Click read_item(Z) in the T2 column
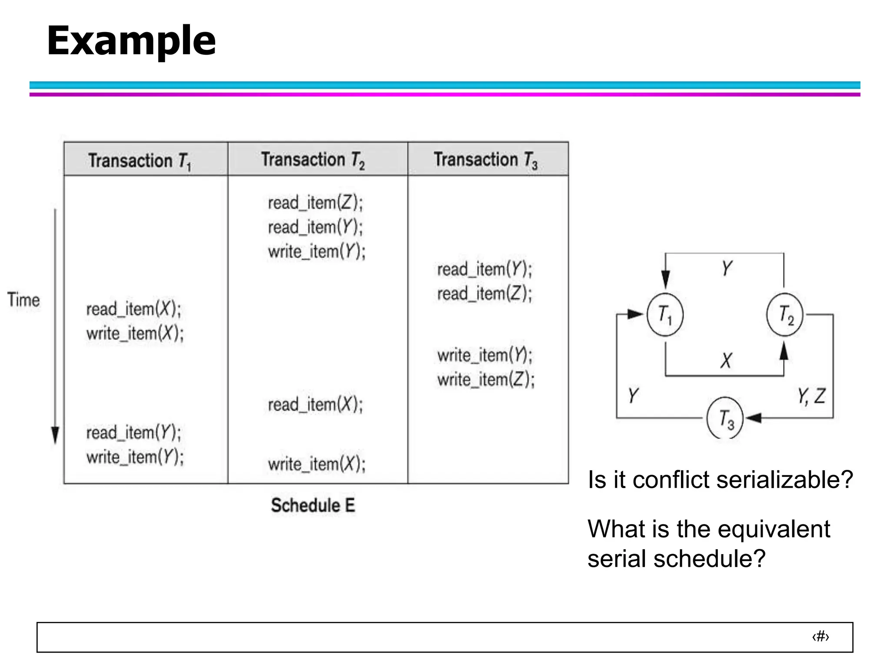tap(315, 203)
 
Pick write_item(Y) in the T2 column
tap(316, 251)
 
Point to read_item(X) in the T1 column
tap(133, 309)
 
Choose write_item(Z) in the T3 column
tap(485, 380)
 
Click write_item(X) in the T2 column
tap(316, 464)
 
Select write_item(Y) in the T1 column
tap(135, 457)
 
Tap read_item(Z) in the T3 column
tap(484, 294)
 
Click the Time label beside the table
tap(23, 300)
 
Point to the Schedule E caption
tap(313, 505)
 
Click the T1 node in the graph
tap(665, 314)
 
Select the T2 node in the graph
tap(785, 314)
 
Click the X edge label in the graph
tap(726, 360)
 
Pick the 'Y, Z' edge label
tap(811, 396)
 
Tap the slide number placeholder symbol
tap(820, 637)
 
